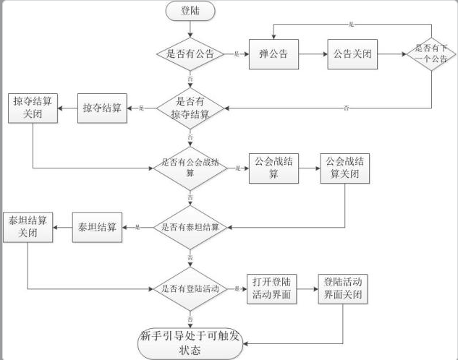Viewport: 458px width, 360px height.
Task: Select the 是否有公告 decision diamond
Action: tap(190, 53)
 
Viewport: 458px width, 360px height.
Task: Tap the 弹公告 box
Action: tap(273, 54)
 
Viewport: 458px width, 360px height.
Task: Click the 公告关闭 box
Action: tap(352, 54)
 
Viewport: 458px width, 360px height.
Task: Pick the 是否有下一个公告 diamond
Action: tap(431, 54)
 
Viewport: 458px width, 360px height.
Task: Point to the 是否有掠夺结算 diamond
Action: tap(190, 108)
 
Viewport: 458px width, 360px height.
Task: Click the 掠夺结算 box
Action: tap(101, 108)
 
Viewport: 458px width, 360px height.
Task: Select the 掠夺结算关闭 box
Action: tap(33, 108)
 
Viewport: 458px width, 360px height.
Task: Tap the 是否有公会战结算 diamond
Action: tap(190, 168)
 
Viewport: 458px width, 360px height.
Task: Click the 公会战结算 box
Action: tap(273, 168)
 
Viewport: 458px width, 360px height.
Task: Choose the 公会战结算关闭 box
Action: tap(343, 168)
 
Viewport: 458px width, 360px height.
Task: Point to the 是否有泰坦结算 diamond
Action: tap(190, 227)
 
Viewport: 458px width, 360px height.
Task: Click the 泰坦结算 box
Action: tap(98, 227)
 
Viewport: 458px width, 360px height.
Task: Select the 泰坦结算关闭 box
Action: tap(27, 227)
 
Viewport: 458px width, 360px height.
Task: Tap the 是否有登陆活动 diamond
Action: tap(190, 288)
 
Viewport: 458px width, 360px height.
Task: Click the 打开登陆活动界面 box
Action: tap(272, 288)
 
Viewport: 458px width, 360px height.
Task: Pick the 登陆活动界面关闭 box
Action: tap(343, 288)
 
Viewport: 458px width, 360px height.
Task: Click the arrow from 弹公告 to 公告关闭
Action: tap(312, 54)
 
